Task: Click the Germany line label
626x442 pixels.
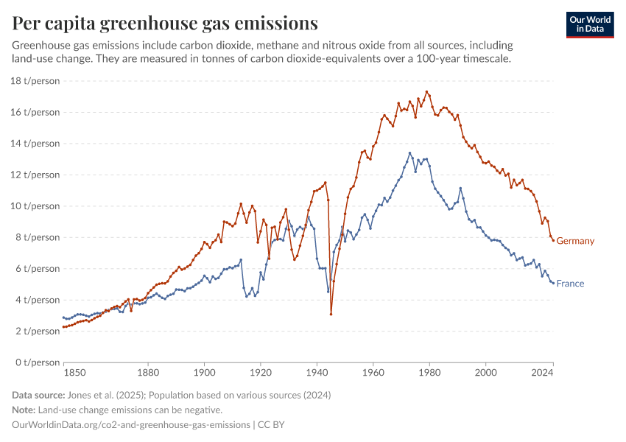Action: [x=574, y=241]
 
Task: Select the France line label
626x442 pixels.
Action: [x=570, y=284]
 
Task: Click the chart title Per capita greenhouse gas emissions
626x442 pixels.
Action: [x=165, y=24]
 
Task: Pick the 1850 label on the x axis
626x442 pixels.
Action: [x=64, y=373]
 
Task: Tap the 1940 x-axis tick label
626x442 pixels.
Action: [x=317, y=373]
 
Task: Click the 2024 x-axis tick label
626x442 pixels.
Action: [x=543, y=373]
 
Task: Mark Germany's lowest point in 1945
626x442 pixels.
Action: [x=331, y=315]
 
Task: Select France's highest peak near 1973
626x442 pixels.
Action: [x=410, y=153]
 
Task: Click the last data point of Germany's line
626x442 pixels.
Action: [x=553, y=240]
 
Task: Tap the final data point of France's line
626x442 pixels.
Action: [x=553, y=283]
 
